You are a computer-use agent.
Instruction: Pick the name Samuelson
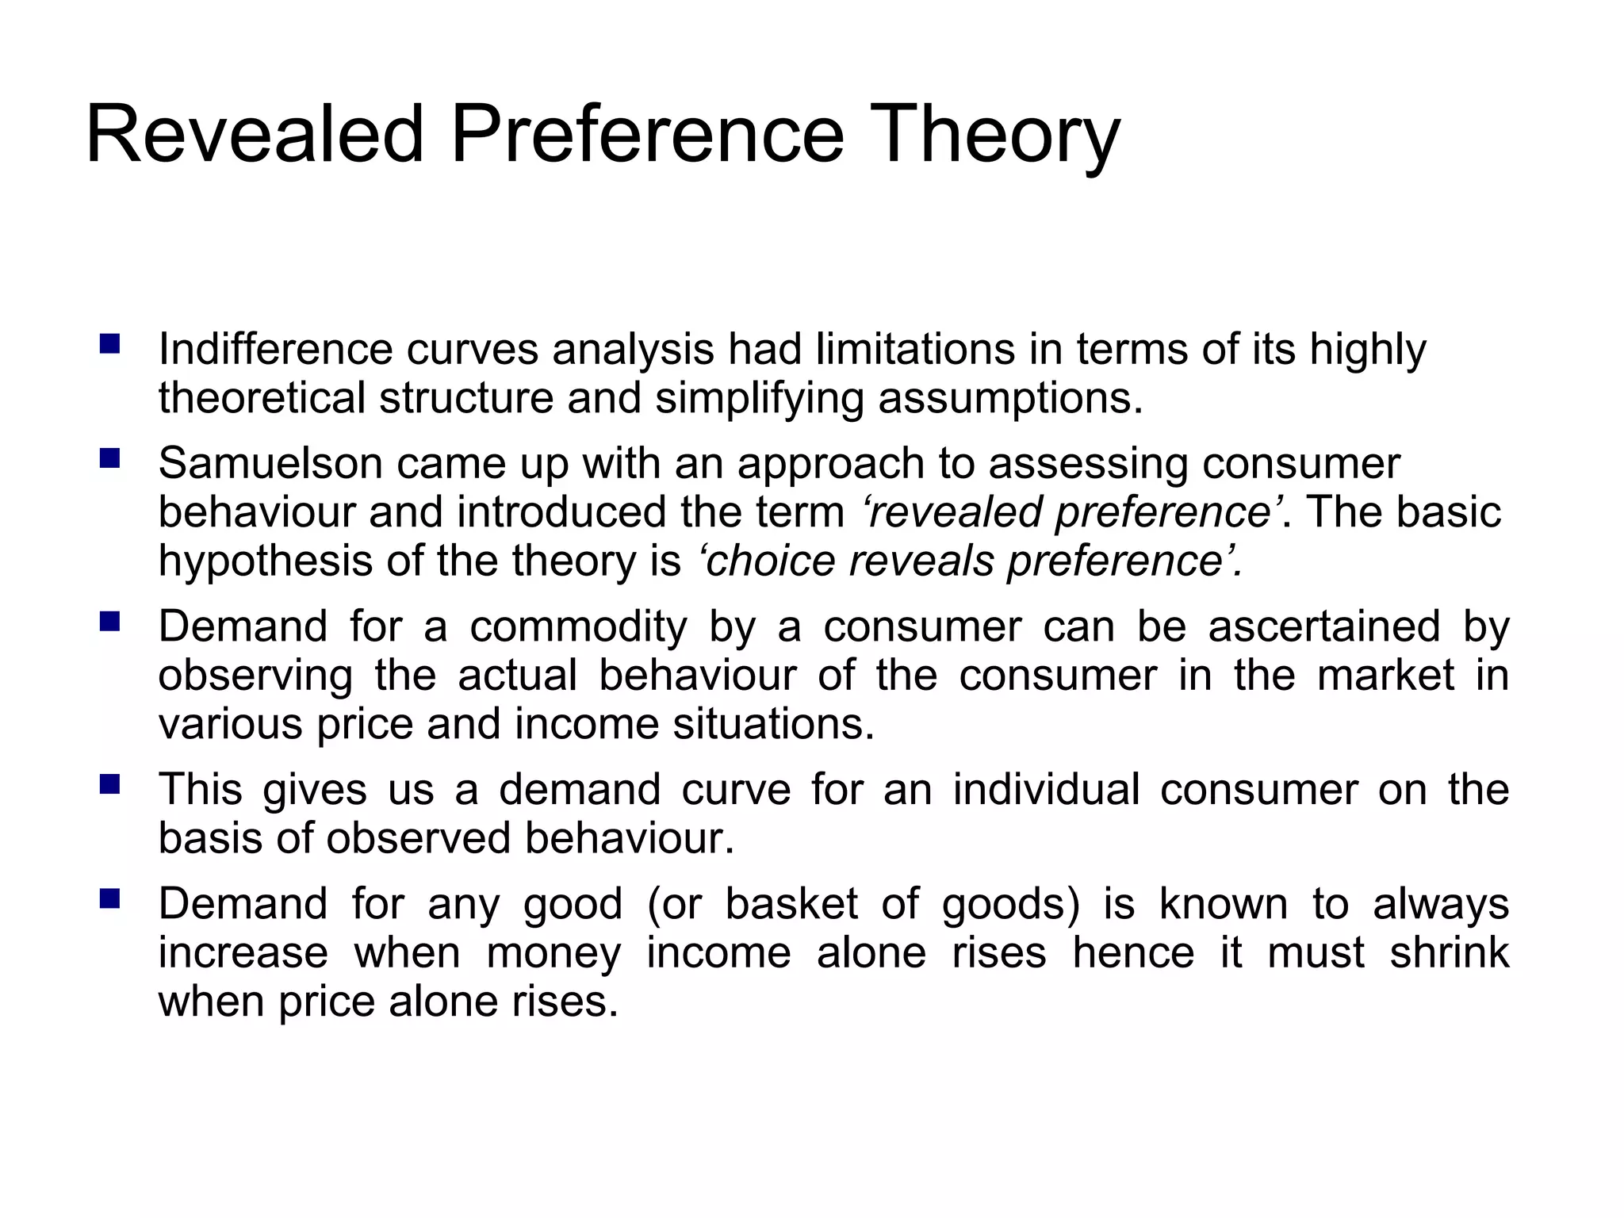tap(270, 463)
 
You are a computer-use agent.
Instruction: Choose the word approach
tap(830, 465)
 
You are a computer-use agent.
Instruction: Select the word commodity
tap(578, 627)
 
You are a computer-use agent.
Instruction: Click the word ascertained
tap(1323, 626)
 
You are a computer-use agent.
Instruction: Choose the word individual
tap(1046, 790)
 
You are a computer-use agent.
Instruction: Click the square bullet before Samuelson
tap(109, 458)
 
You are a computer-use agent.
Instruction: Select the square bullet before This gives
tap(109, 785)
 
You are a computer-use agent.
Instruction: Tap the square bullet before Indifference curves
tap(109, 344)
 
